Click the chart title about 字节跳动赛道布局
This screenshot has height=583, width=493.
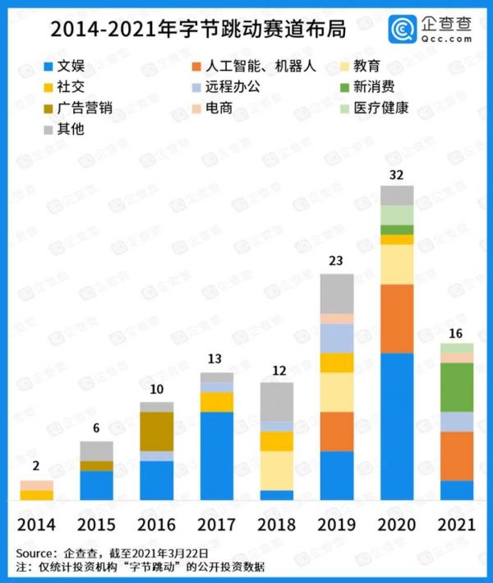(198, 29)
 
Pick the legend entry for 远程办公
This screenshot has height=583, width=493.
(235, 86)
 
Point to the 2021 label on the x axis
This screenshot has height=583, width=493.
(457, 525)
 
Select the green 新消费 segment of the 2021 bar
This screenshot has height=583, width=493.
(457, 387)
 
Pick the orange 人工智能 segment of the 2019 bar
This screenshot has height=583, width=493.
(337, 432)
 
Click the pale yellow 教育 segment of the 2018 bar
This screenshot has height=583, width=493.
(277, 470)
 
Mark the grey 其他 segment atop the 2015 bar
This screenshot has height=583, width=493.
(97, 451)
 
